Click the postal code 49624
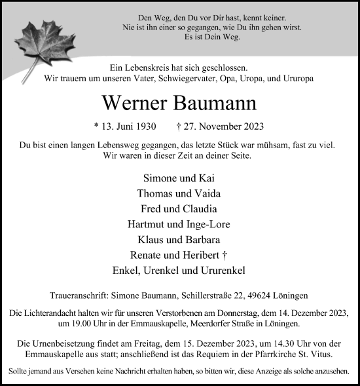[257, 296]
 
